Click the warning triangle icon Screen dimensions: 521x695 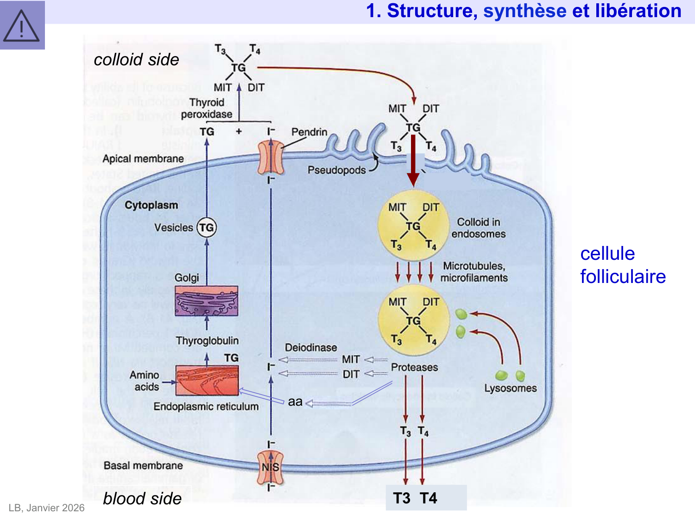pos(22,25)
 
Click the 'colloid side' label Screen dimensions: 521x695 pos(136,60)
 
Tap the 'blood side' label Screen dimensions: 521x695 pos(142,498)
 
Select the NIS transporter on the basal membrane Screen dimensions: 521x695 pos(271,467)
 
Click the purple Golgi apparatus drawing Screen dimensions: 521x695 pos(207,301)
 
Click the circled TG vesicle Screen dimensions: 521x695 pos(207,227)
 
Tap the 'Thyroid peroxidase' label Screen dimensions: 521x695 pos(207,108)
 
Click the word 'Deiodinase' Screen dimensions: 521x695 pos(311,348)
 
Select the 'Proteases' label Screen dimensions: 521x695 pos(414,367)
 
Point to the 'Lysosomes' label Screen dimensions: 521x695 pos(510,388)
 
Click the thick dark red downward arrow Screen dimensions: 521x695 pos(413,160)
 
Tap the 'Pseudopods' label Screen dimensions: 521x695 pos(337,170)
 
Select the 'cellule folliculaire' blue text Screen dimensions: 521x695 pos(623,265)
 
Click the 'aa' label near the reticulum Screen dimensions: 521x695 pos(295,402)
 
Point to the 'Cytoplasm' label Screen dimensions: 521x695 pos(151,205)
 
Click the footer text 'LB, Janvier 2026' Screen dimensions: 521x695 pos(46,508)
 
